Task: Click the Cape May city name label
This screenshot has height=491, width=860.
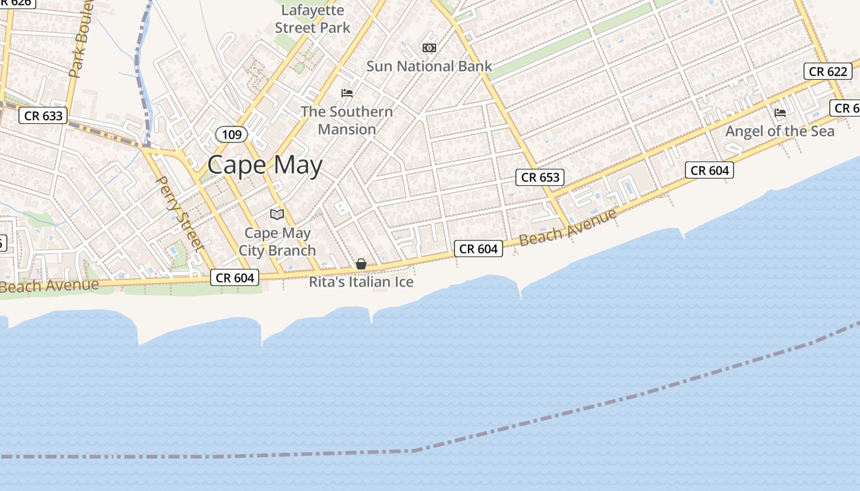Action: [x=265, y=165]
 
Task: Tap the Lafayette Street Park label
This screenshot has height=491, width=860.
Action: [x=313, y=19]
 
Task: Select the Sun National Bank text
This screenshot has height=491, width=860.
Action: [x=429, y=66]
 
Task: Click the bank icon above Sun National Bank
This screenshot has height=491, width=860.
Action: [x=429, y=47]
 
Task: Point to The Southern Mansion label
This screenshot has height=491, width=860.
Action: [x=347, y=120]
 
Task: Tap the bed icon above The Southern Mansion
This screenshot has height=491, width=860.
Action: [x=347, y=93]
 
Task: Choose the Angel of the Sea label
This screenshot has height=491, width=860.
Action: [x=780, y=131]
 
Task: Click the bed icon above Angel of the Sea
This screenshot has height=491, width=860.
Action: [x=780, y=112]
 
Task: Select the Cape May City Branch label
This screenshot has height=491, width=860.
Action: [x=277, y=242]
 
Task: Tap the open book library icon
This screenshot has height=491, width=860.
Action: [x=277, y=214]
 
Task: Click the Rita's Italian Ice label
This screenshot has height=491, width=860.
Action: [x=361, y=282]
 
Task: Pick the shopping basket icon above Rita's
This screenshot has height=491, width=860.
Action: [x=361, y=264]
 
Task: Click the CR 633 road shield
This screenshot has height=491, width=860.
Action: [x=44, y=115]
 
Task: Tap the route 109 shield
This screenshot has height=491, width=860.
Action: [x=232, y=134]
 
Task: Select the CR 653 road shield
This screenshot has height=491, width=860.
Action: [x=541, y=177]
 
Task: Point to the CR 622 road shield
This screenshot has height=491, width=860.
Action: [x=828, y=71]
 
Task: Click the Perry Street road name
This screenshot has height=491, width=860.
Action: [x=181, y=213]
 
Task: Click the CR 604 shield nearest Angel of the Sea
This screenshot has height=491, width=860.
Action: [x=709, y=171]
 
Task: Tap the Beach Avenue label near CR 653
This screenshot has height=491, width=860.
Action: [x=568, y=227]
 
